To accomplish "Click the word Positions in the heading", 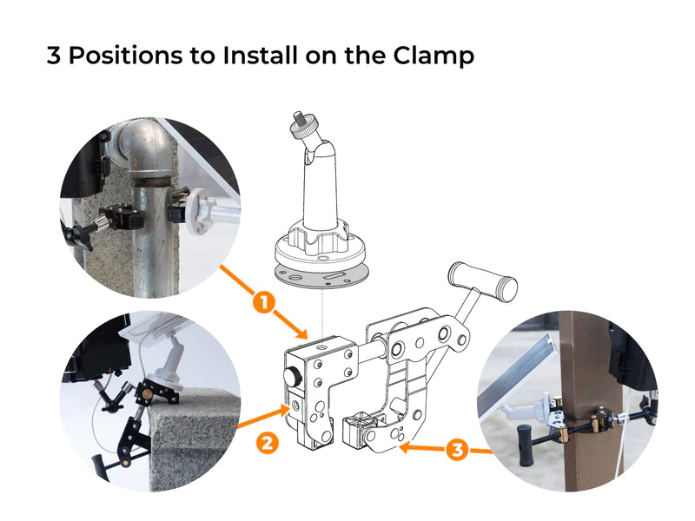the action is pos(125,56).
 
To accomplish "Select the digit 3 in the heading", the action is pos(54,56).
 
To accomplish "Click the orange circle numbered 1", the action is pos(264,303).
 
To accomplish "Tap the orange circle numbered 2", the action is pos(268,443).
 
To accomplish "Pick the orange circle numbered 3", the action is pos(457,450).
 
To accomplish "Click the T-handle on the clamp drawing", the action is pos(483,281).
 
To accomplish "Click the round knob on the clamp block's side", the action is pos(293,377).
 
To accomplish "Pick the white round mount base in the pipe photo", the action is pos(198,210).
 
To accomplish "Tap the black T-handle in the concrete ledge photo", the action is pos(99,466).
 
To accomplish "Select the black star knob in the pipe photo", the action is pos(77,234).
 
